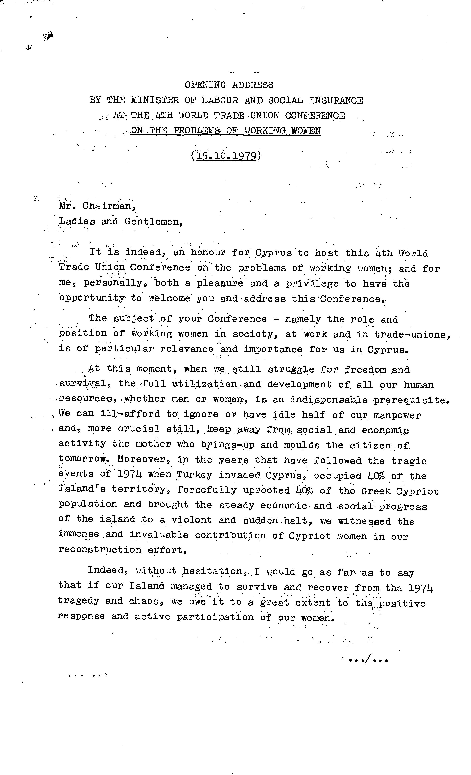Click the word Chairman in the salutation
coord(109,206)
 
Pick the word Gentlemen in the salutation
coord(153,221)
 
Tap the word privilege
coord(312,283)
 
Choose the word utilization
coord(205,384)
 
